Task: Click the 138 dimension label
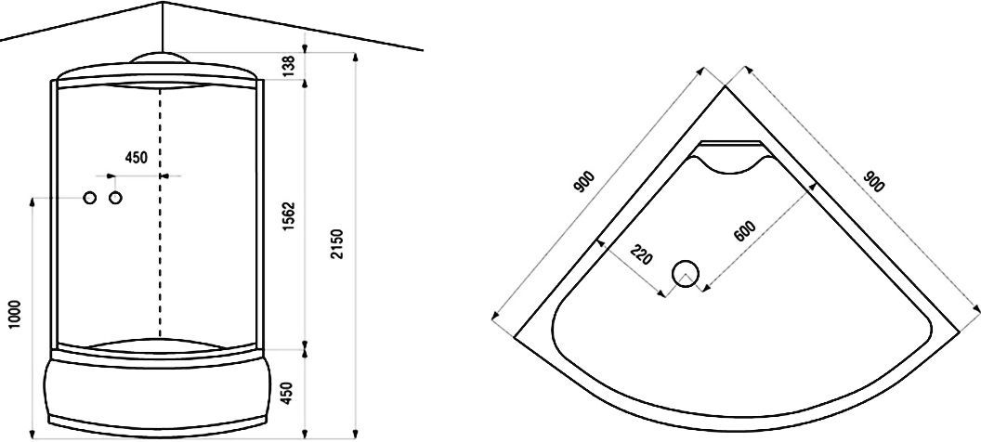point(287,66)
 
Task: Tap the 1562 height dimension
point(288,217)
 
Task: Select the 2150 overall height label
point(338,244)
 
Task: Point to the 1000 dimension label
point(16,316)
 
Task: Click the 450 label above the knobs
point(137,158)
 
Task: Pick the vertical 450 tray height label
point(287,393)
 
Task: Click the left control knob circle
point(90,198)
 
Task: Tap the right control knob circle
point(115,198)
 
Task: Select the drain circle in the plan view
point(685,273)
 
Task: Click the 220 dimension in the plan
point(641,255)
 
